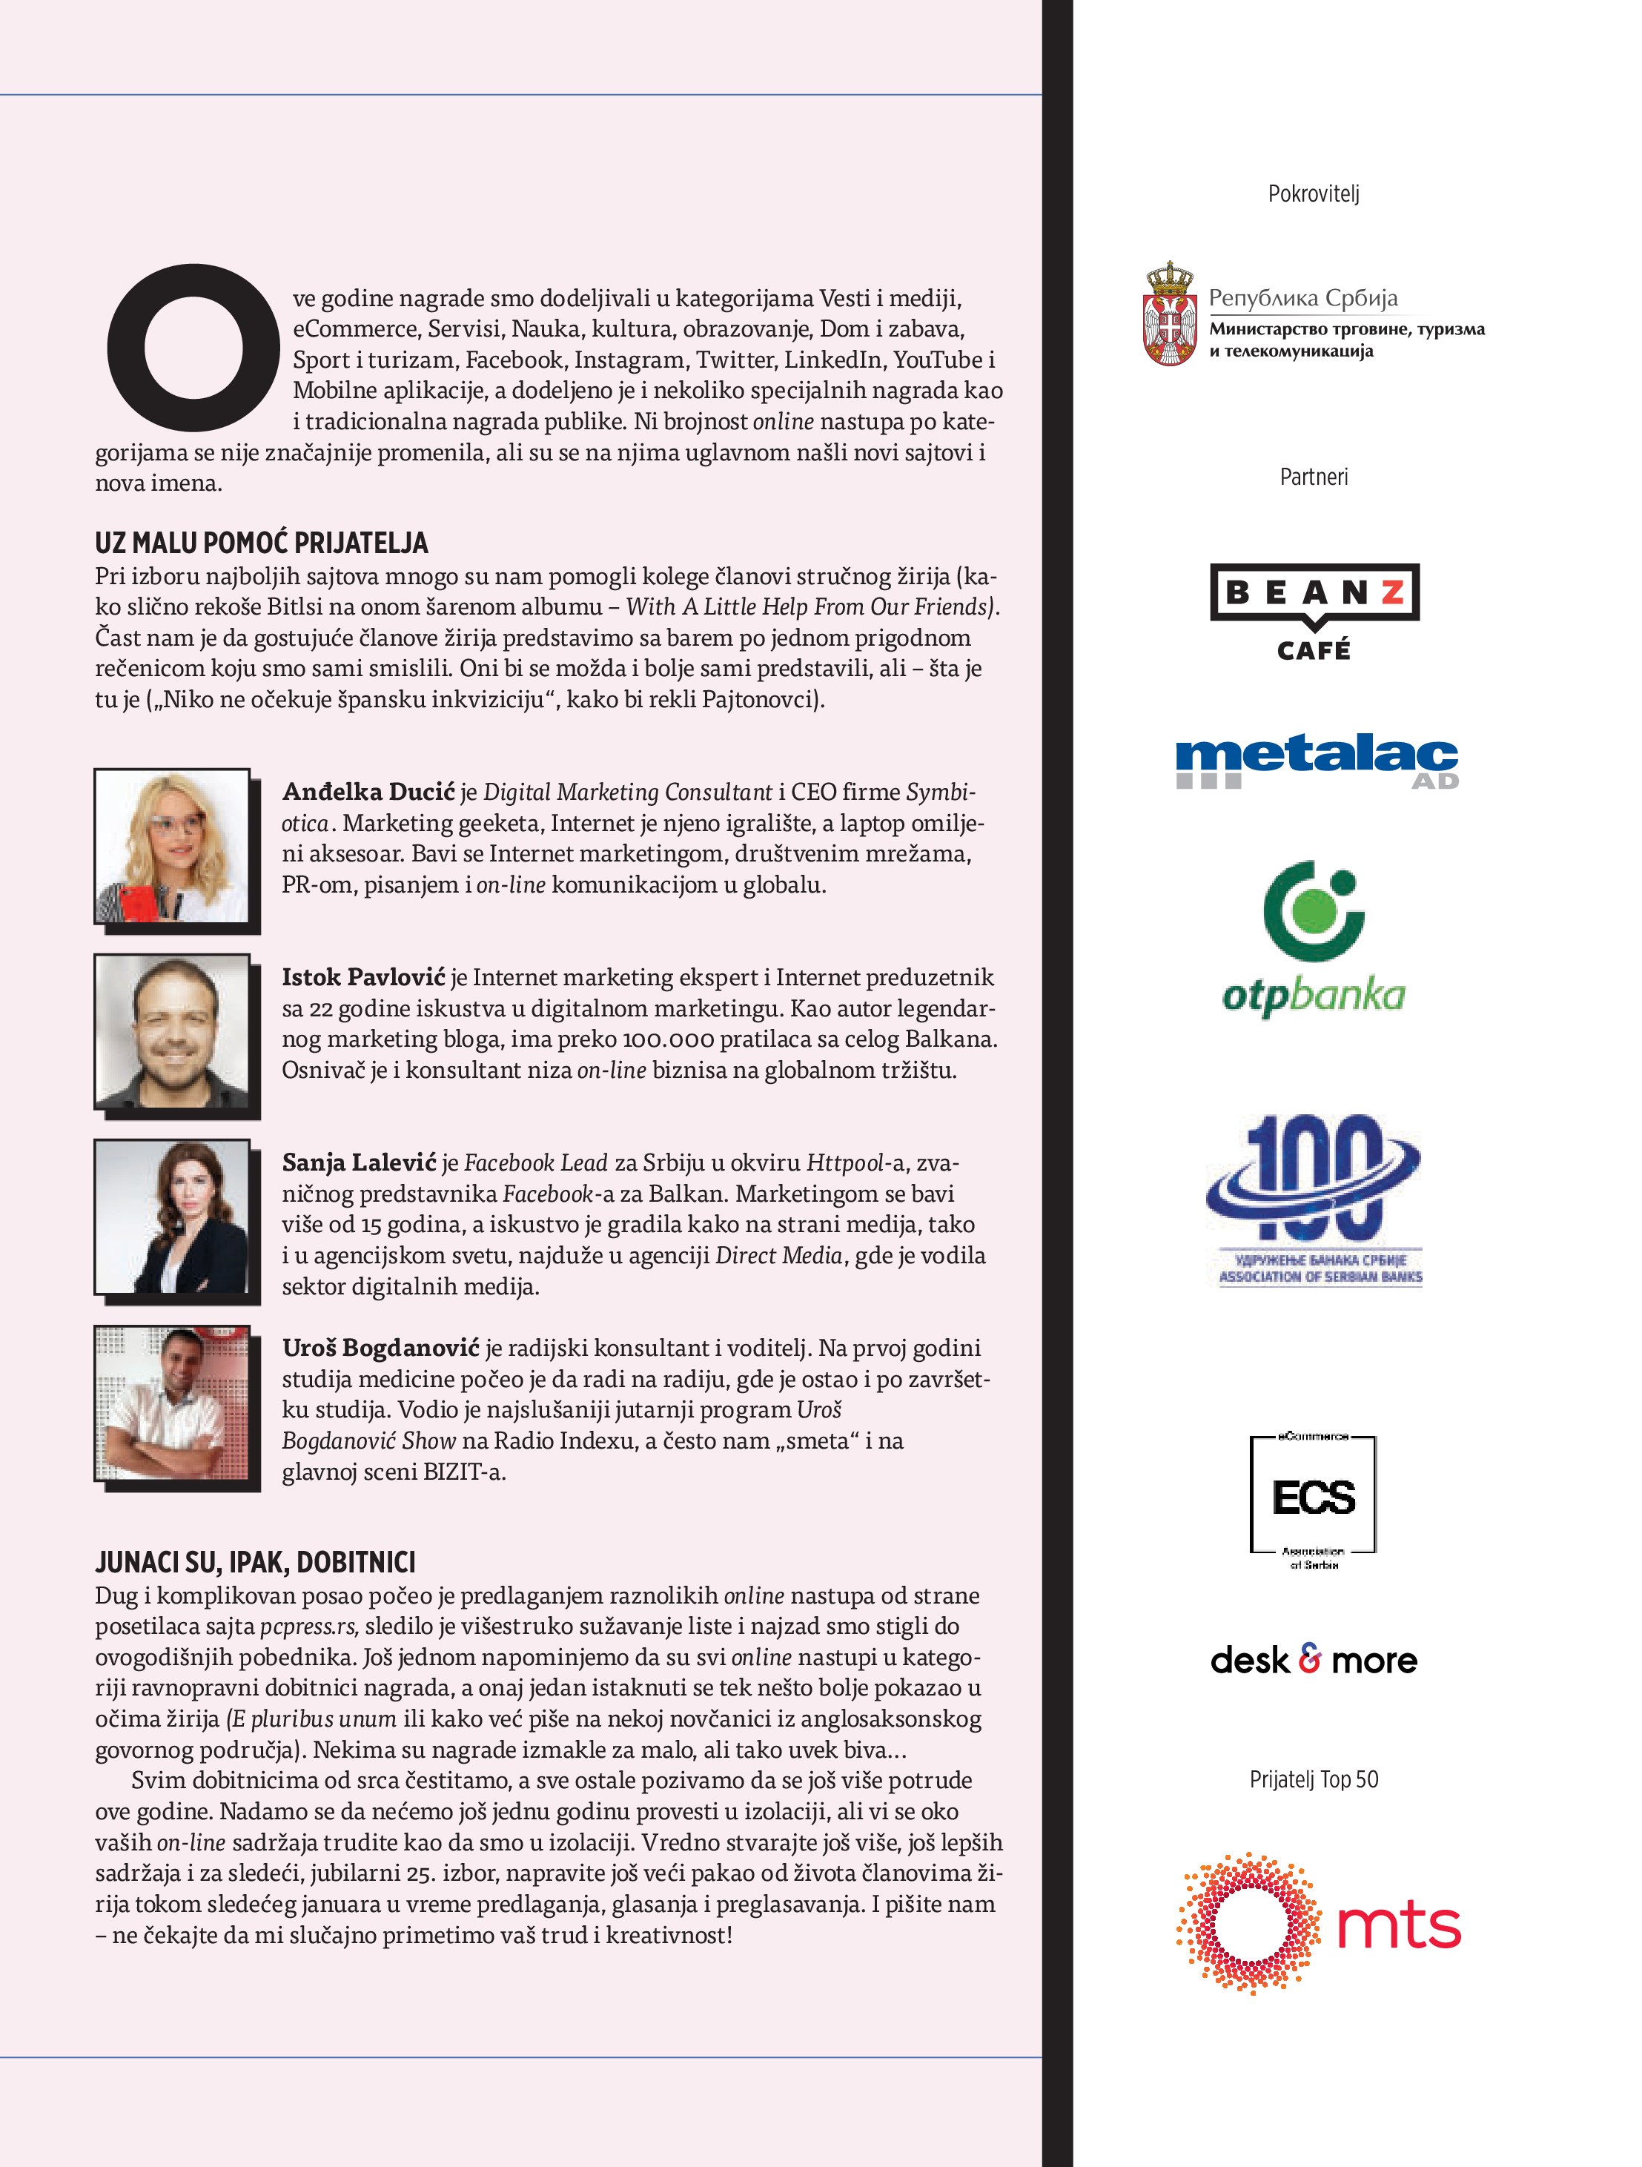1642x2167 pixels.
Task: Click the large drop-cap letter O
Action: point(192,347)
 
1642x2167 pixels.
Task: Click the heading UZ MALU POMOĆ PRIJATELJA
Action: point(262,543)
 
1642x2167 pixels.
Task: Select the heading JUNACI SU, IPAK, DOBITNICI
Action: point(255,1561)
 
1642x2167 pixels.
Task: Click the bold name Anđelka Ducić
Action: point(368,792)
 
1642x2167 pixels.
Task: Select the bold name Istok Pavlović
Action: point(363,976)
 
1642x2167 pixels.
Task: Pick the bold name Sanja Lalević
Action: point(359,1162)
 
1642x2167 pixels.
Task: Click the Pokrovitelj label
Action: point(1313,194)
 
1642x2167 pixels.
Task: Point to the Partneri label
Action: point(1313,477)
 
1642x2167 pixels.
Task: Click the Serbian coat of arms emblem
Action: point(1170,314)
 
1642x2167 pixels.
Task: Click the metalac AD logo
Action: point(1316,763)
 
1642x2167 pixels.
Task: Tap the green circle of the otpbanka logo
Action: point(1310,912)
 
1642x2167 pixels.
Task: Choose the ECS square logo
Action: point(1313,1496)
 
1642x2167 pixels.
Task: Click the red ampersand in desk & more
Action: point(1310,1658)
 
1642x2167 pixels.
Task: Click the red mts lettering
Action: point(1398,1926)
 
